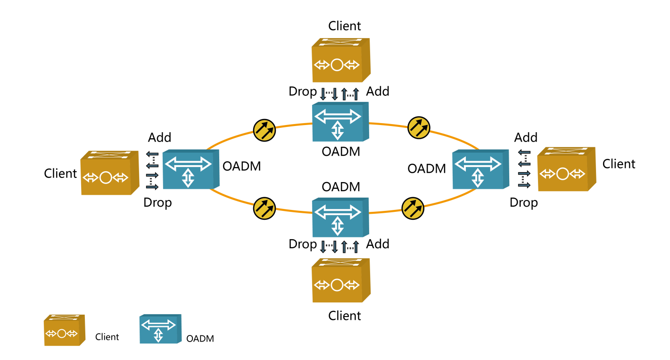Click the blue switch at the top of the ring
coord(340,122)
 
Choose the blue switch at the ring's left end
coord(190,169)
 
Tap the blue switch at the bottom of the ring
coord(340,218)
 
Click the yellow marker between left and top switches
coord(264,130)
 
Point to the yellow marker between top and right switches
coord(419,128)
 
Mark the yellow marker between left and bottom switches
coord(264,209)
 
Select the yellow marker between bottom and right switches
coord(413,209)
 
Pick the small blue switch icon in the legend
coord(160,329)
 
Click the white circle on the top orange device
coord(337,65)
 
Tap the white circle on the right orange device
coord(562,174)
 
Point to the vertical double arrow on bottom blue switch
coord(338,226)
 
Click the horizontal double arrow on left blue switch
coord(188,164)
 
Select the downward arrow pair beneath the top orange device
coord(329,93)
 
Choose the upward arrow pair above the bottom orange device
coord(350,247)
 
